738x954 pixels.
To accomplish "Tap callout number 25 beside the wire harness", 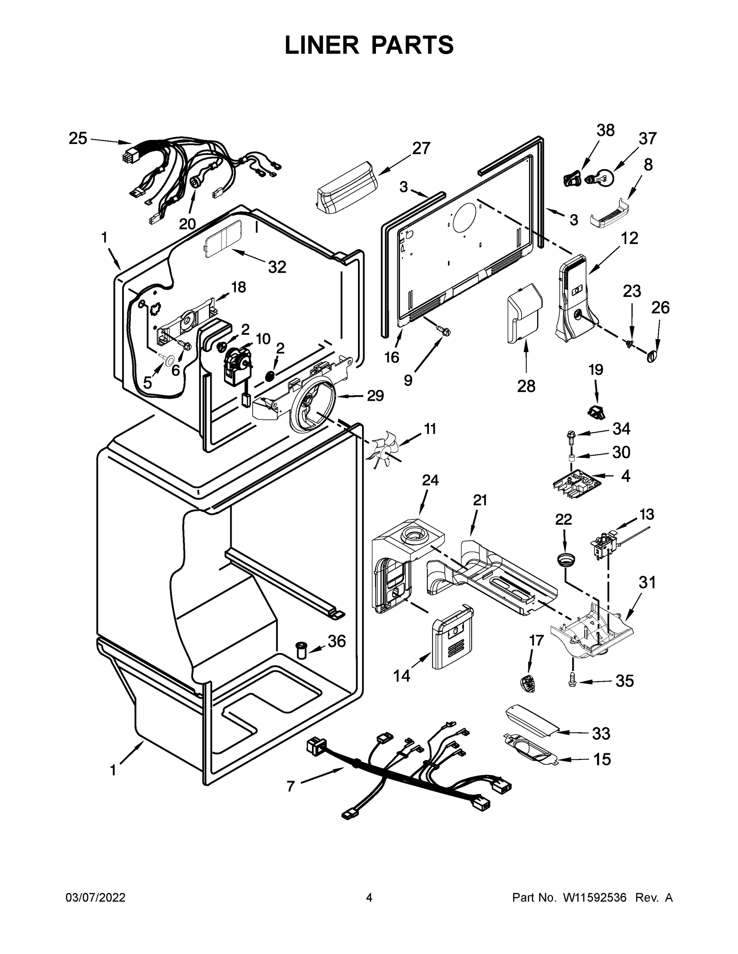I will tap(78, 138).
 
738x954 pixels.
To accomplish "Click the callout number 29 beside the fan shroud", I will tap(375, 396).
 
